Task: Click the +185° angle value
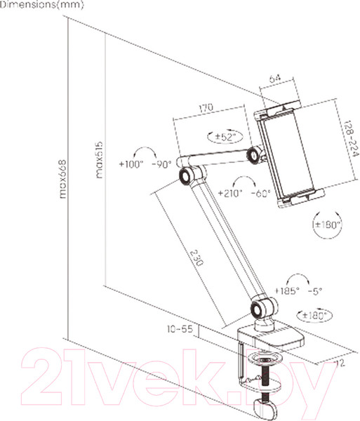[x=288, y=290]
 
